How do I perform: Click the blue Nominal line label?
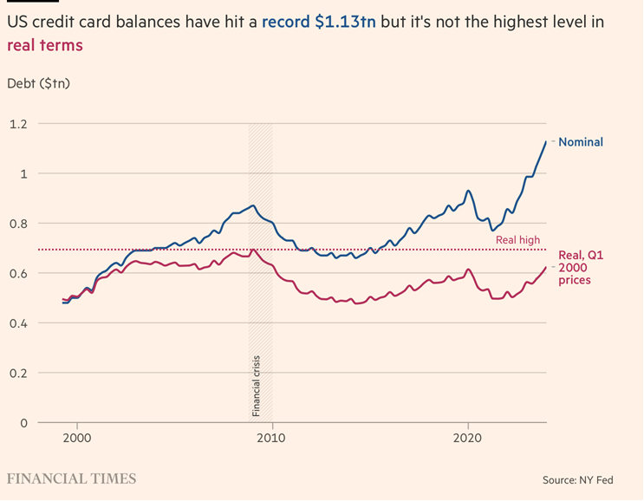581,141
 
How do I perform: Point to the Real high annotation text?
518,240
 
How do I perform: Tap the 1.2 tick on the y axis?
17,124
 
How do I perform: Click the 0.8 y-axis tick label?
17,224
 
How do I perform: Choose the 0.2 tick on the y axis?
17,374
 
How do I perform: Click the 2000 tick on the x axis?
77,438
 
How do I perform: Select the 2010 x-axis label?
272,438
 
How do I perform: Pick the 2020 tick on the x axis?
468,438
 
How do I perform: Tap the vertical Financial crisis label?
257,384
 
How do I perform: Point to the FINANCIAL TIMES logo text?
71,478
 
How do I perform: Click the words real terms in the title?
44,45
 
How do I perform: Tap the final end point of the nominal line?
545,141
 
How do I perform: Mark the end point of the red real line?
546,268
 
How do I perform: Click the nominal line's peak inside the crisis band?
252,205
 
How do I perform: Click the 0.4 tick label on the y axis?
17,323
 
